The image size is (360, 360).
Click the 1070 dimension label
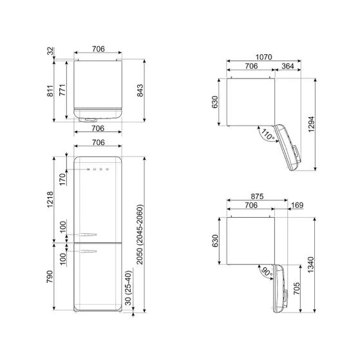point(251,57)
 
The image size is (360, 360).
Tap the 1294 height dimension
point(312,128)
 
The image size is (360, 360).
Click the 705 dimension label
point(295,291)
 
